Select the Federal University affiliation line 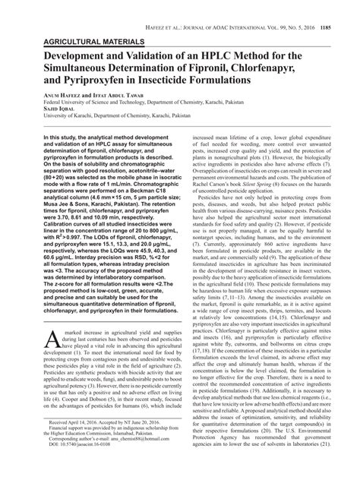click(137, 109)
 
